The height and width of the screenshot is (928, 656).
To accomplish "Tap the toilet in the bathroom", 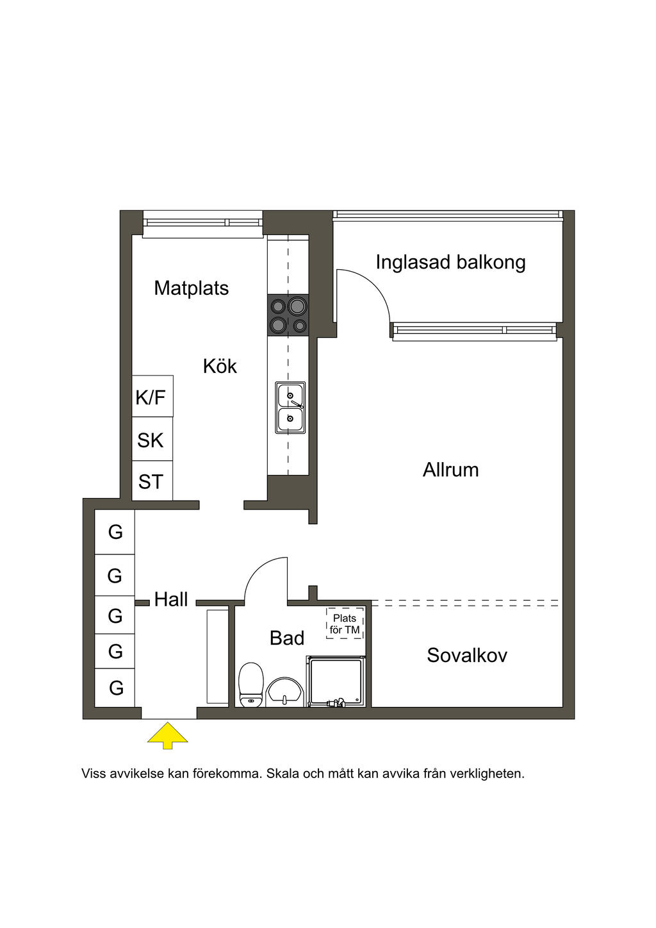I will pyautogui.click(x=251, y=684).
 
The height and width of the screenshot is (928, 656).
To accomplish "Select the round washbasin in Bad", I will pyautogui.click(x=285, y=692).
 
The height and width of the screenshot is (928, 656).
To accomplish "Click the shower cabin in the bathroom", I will pyautogui.click(x=336, y=681).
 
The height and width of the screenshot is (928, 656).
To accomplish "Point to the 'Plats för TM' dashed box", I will pyautogui.click(x=345, y=624).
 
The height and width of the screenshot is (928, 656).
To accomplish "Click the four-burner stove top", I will pyautogui.click(x=288, y=315).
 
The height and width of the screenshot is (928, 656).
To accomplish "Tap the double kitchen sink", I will pyautogui.click(x=290, y=407).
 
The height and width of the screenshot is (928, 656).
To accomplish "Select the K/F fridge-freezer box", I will pyautogui.click(x=152, y=397).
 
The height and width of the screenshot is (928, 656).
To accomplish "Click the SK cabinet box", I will pyautogui.click(x=152, y=440).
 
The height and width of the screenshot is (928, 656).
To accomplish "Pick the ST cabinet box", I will pyautogui.click(x=152, y=481).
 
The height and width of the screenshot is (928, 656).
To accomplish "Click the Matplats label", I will pyautogui.click(x=191, y=288).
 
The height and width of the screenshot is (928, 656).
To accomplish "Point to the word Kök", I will pyautogui.click(x=220, y=366).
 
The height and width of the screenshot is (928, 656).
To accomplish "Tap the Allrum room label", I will pyautogui.click(x=450, y=470).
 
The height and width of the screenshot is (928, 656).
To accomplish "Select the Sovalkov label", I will pyautogui.click(x=466, y=655).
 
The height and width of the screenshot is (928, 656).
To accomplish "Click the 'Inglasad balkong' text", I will pyautogui.click(x=450, y=262).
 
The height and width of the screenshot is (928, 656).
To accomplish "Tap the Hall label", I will pyautogui.click(x=171, y=599).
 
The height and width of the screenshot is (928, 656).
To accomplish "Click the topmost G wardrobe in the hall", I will pyautogui.click(x=115, y=531).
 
